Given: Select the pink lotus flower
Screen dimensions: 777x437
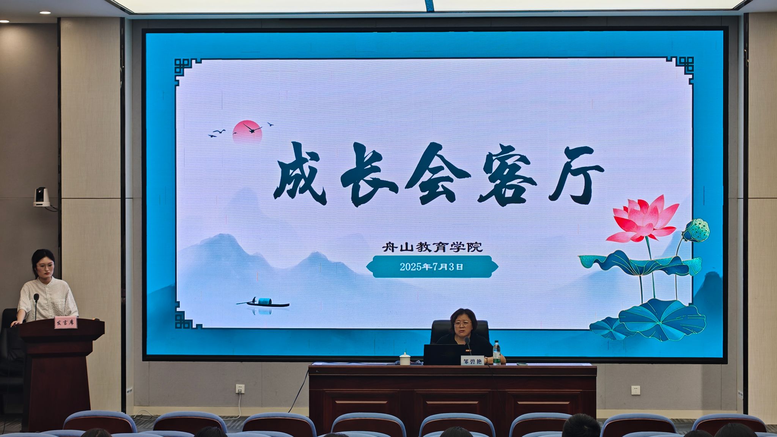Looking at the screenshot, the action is click(x=643, y=219).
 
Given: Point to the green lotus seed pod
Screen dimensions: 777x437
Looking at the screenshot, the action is click(x=696, y=230).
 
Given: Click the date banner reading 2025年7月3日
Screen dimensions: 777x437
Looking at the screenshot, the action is click(x=432, y=267).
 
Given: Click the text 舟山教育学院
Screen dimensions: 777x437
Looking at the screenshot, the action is click(x=432, y=247).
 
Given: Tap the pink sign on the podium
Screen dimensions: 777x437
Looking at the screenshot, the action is click(x=66, y=322).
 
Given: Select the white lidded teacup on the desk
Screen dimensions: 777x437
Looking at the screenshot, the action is click(x=405, y=358).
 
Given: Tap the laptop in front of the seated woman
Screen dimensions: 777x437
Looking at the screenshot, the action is click(x=442, y=354).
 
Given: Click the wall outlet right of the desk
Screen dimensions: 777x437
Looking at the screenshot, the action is click(x=635, y=390).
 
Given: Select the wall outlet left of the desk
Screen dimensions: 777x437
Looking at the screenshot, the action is click(x=240, y=389).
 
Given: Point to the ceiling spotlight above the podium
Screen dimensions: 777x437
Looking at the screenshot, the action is click(x=45, y=13).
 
